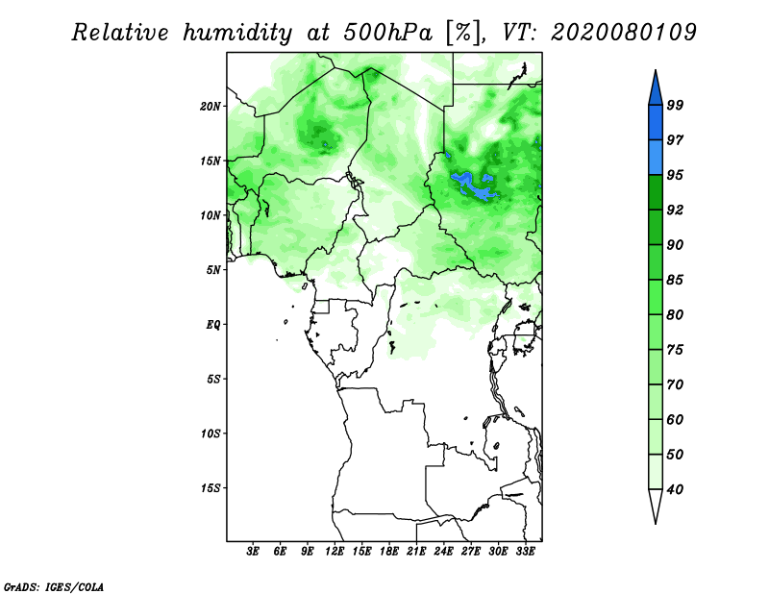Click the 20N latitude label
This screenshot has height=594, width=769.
211,107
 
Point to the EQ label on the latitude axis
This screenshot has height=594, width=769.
213,325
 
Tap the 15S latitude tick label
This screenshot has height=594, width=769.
211,488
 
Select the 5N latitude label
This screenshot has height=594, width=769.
213,270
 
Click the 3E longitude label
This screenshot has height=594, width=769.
253,552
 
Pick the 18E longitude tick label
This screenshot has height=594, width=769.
389,552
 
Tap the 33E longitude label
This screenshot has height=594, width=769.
525,552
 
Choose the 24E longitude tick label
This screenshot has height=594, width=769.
443,552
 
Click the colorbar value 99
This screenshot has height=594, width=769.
675,105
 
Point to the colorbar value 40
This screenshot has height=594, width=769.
675,489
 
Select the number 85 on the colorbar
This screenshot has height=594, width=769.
675,280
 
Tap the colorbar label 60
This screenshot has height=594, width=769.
675,420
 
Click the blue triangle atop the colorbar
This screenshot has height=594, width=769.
656,89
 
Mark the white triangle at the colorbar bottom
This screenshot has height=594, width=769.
656,506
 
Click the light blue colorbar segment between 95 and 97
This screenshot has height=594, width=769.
656,158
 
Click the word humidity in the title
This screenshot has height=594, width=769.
237,34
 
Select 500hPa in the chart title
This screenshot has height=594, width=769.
388,33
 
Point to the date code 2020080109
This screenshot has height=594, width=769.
623,33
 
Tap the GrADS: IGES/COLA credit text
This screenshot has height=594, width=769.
54,587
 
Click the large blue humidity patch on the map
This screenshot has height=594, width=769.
472,186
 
